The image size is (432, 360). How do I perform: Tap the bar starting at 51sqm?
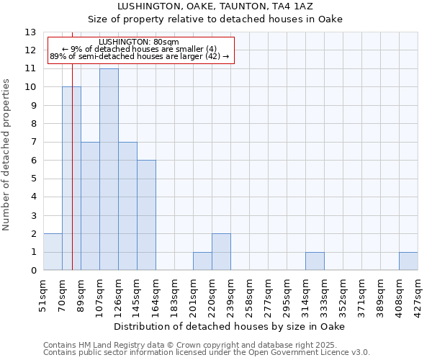[x=53, y=252]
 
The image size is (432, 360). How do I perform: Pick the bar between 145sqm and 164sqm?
[x=146, y=215]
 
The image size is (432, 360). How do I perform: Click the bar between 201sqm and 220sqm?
[x=202, y=261]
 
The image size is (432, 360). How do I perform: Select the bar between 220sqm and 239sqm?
[x=221, y=252]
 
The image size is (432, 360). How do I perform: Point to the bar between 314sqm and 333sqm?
[x=315, y=261]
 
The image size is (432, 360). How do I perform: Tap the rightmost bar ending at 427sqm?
[x=408, y=261]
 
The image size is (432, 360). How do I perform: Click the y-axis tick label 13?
[x=30, y=32]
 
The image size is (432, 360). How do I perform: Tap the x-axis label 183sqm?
[x=175, y=294]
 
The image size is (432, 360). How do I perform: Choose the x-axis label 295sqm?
[x=287, y=294]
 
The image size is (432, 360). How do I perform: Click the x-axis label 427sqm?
[x=418, y=294]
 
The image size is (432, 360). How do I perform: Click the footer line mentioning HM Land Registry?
[x=206, y=345]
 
